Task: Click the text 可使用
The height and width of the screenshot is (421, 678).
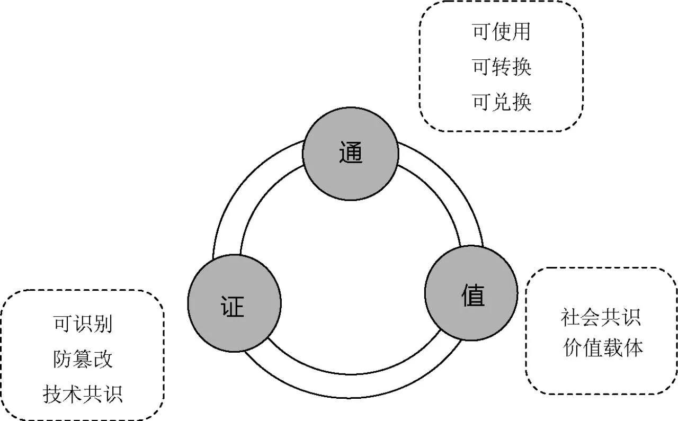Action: pos(501,32)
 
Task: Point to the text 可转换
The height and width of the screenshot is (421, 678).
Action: pos(501,67)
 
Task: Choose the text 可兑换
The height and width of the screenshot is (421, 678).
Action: pos(501,102)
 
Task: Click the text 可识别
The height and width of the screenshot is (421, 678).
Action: pos(83,324)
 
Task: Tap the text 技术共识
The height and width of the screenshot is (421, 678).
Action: pos(83,394)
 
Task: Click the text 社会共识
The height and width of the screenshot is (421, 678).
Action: pos(601,317)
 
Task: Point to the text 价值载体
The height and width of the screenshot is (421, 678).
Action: pos(603,348)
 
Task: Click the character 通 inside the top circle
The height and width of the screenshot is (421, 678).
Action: pos(350,153)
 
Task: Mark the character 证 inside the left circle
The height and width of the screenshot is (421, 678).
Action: pos(233,306)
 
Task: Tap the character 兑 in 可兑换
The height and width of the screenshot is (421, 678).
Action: pos(501,102)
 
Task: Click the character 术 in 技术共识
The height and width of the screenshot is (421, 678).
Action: pos(73,394)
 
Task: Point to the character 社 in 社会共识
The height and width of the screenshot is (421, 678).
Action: pos(571,317)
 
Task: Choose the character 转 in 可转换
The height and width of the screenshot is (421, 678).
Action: pos(501,67)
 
